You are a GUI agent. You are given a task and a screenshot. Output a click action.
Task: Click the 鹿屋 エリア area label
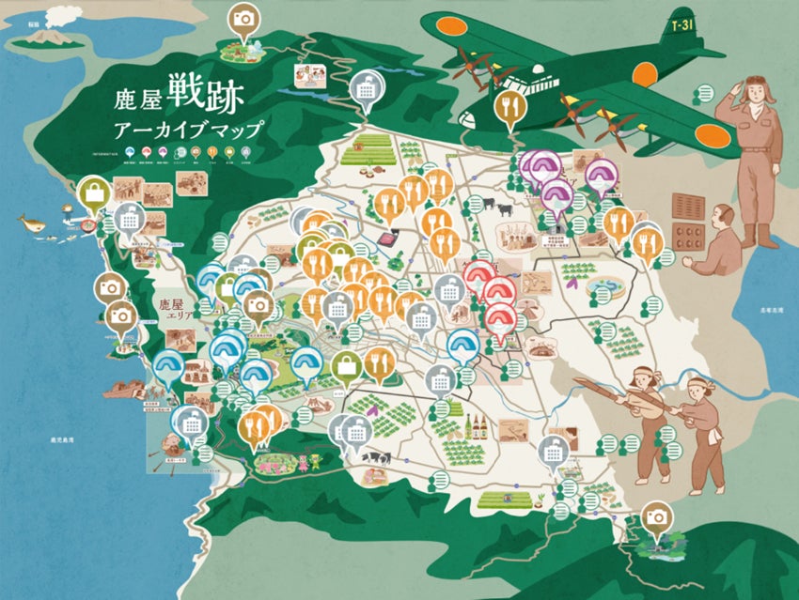point(177,310)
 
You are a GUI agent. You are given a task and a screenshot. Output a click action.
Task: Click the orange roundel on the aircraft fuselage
point(645,74)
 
